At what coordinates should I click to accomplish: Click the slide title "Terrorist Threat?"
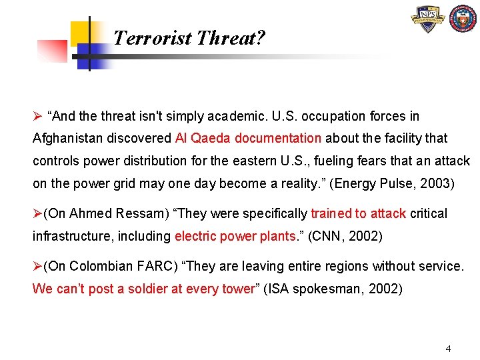[x=189, y=39]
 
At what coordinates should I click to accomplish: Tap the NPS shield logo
[x=429, y=20]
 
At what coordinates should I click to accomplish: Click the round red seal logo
[x=463, y=19]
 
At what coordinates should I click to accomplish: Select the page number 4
[x=448, y=348]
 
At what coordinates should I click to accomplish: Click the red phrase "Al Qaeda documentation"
[x=248, y=139]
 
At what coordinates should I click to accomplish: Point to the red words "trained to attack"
[x=359, y=214]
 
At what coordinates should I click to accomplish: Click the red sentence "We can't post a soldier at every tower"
[x=143, y=289]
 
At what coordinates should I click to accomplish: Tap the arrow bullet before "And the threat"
[x=37, y=117]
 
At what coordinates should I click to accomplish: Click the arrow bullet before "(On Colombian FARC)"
[x=37, y=267]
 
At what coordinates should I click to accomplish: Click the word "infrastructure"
[x=66, y=236]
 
